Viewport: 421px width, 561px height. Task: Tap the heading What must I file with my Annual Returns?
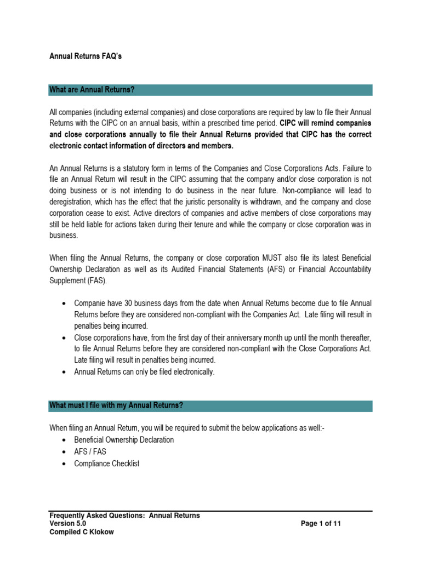116,405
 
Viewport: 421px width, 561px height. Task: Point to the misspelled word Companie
90,303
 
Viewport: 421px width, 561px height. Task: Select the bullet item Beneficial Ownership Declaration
124,439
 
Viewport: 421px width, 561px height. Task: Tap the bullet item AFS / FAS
90,451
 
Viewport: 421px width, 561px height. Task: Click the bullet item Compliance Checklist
107,463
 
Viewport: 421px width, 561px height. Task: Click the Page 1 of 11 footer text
321,523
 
